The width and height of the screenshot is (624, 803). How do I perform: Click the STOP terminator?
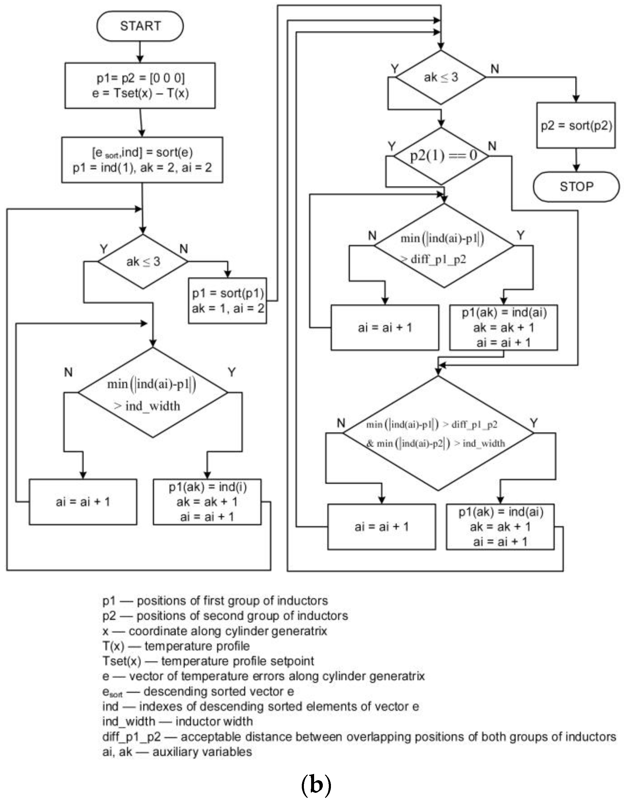tap(576, 186)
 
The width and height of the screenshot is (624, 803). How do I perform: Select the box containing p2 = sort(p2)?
tap(576, 126)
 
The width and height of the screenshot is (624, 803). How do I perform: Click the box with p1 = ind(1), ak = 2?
tap(142, 160)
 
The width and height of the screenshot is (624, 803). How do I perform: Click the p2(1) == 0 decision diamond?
tap(441, 156)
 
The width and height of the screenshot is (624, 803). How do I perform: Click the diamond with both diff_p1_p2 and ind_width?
tap(438, 433)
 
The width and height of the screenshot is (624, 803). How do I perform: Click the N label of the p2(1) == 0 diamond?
tap(492, 146)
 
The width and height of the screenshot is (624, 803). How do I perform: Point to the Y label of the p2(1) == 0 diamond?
tap(392, 146)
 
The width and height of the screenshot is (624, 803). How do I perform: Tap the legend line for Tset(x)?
tap(208, 661)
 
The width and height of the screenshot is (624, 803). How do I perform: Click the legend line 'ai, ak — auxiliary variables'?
tap(177, 752)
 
